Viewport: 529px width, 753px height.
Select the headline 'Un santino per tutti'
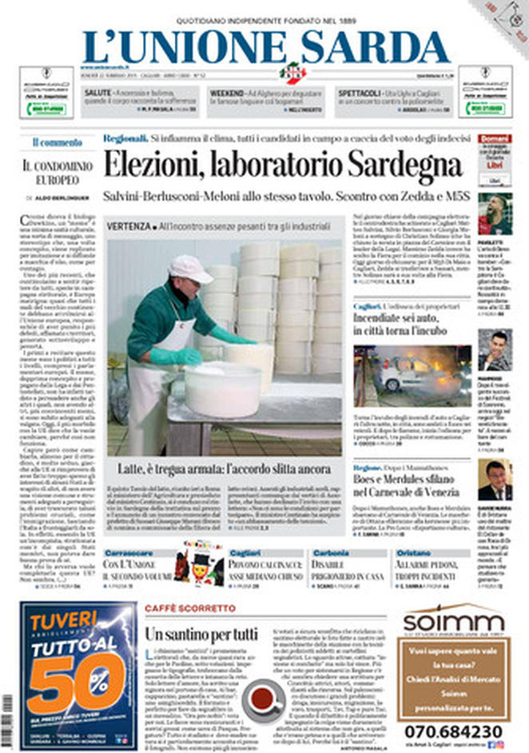(201, 635)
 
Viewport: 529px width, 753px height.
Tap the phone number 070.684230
(453, 731)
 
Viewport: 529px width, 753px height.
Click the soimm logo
(453, 621)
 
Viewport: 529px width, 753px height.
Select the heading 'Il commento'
(57, 142)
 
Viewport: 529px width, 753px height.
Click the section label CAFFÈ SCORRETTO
(178, 609)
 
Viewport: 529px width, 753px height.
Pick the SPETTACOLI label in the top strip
(356, 94)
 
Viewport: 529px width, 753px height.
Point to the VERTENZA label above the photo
(129, 226)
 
